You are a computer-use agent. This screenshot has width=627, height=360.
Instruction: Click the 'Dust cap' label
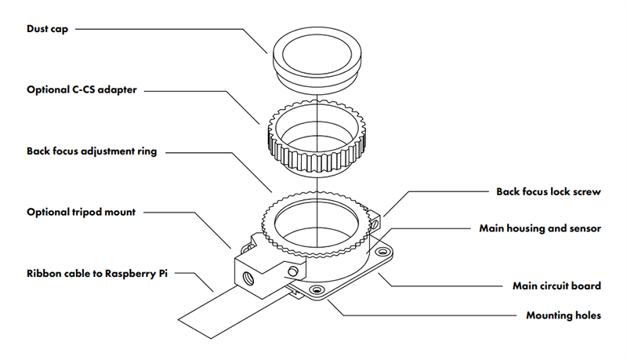tap(48, 29)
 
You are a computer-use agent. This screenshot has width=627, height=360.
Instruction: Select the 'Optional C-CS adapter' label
tap(82, 90)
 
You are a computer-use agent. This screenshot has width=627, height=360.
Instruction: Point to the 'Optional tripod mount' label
tap(82, 212)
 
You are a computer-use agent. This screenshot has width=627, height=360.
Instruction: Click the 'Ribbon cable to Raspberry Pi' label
tap(97, 274)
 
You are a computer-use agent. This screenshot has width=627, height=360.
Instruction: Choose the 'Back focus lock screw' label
tap(549, 191)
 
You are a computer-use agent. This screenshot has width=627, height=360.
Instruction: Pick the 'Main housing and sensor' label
tap(540, 229)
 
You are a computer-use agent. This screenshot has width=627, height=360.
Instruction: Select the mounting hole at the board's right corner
tap(384, 253)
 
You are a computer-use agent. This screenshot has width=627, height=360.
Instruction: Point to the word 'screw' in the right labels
tap(585, 191)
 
